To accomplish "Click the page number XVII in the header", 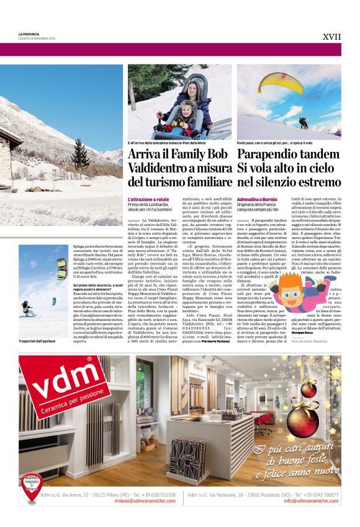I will click(333, 37).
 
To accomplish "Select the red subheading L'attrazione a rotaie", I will click(148, 197).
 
